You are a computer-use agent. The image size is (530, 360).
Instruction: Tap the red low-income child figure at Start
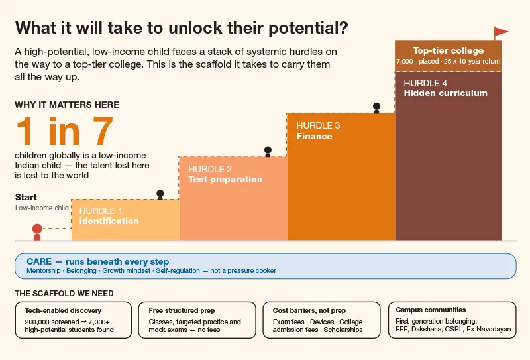point(37,233)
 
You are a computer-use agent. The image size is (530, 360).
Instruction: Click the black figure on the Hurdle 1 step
point(160,194)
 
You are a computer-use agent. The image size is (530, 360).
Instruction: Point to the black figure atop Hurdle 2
point(268,151)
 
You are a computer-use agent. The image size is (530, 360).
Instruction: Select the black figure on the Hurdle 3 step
point(376,108)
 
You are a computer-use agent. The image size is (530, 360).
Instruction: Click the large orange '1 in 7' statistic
point(64,131)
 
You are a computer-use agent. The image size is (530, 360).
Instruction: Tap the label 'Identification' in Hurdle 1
point(109,221)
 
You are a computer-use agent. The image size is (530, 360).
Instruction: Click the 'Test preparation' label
point(225,179)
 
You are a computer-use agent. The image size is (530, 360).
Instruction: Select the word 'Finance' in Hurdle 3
point(314,136)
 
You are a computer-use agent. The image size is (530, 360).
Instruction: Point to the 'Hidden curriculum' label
point(445,93)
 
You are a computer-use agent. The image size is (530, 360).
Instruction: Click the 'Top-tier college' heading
point(449,51)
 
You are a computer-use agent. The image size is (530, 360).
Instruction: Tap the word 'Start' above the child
point(26,197)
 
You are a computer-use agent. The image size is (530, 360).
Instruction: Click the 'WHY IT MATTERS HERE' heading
point(67,105)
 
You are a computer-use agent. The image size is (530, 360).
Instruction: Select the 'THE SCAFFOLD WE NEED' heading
point(64,293)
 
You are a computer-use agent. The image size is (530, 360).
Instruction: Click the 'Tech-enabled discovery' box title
point(63,310)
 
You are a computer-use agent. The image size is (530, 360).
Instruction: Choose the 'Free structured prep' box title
point(182,310)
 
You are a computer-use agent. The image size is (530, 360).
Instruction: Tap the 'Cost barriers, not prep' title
point(309,310)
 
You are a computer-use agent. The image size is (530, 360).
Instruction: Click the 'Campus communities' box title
point(431,310)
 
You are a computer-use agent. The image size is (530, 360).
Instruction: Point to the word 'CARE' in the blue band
point(39,261)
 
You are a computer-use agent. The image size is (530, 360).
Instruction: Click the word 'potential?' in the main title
point(308,29)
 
